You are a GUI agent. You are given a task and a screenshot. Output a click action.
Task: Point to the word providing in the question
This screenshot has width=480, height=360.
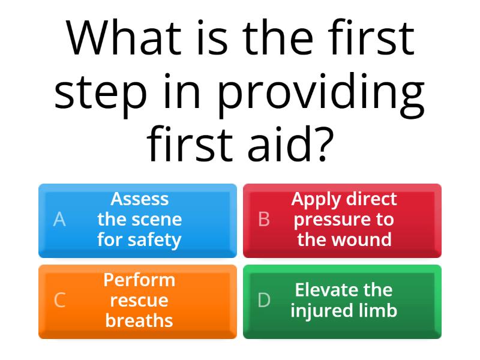pos(321,92)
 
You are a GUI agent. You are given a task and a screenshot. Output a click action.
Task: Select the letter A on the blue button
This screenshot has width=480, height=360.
pos(59,220)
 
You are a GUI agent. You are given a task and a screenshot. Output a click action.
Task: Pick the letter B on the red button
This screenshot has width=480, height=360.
pos(264,220)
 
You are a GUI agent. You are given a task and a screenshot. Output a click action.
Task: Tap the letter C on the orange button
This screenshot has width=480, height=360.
pos(59,300)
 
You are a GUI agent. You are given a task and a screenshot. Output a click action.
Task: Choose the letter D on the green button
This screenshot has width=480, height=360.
pos(264,300)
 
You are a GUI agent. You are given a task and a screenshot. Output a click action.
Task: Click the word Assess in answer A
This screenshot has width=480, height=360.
pos(139,199)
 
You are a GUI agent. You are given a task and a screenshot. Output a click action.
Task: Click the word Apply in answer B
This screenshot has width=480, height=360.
pos(316,199)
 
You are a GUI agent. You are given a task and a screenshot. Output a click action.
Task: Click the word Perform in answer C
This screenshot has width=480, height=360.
pos(139,280)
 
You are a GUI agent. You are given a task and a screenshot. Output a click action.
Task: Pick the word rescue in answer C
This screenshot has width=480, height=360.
pos(139,301)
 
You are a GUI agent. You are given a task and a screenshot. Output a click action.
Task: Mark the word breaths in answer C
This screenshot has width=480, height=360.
pos(139,321)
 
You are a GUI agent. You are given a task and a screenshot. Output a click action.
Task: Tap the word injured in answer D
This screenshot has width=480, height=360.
pos(321,311)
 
